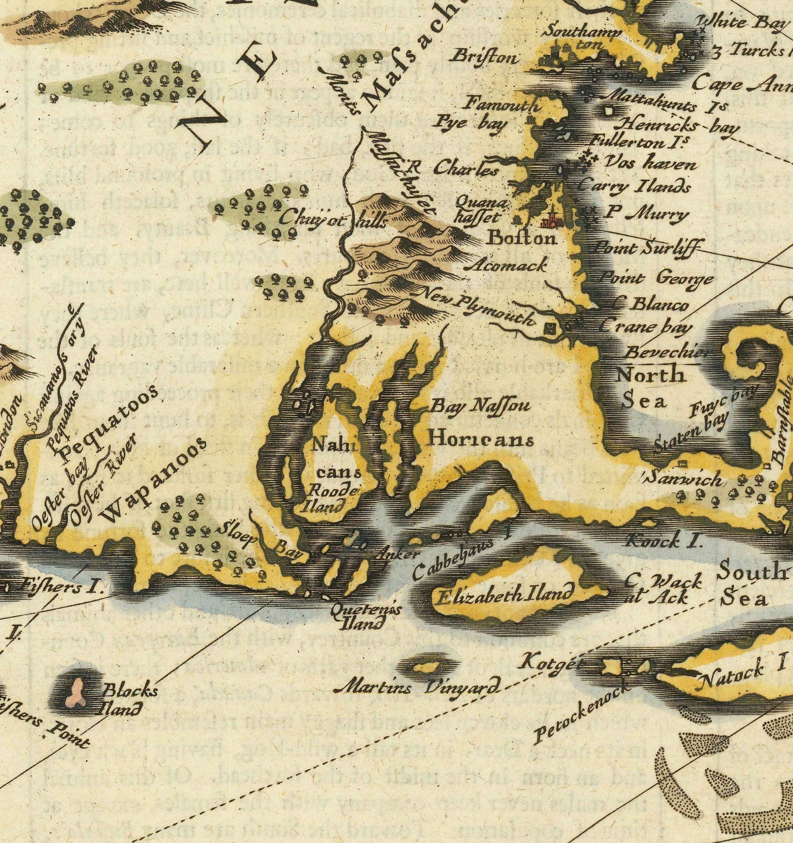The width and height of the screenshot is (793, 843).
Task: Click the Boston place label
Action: [x=522, y=238]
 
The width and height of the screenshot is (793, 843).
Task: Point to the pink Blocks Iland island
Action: [x=76, y=693]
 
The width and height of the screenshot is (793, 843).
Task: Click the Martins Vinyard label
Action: [x=420, y=688]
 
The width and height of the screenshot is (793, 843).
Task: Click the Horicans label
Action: [x=482, y=440]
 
